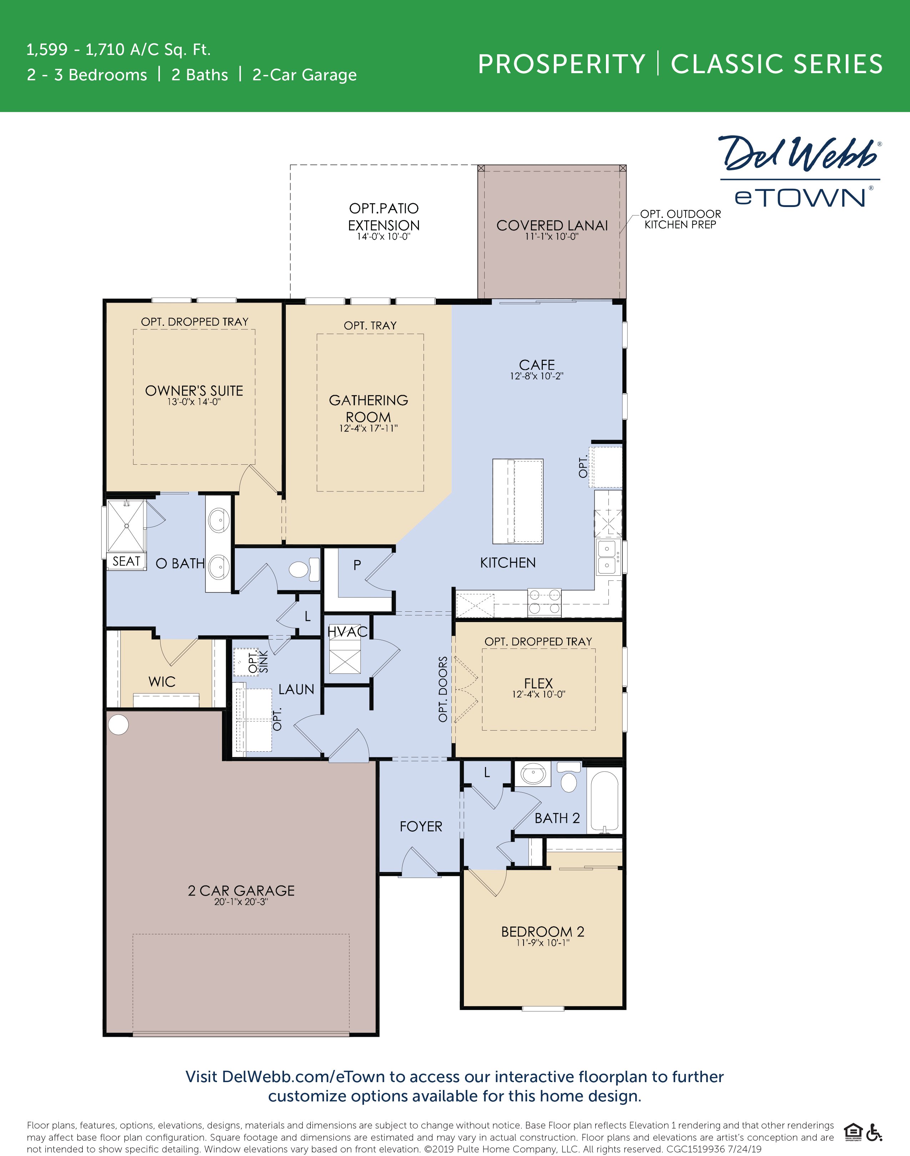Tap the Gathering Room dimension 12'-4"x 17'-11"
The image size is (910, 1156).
pyautogui.click(x=368, y=428)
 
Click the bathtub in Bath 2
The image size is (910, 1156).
pyautogui.click(x=604, y=802)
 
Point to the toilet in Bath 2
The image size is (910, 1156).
pyautogui.click(x=569, y=781)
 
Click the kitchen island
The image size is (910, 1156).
pyautogui.click(x=517, y=501)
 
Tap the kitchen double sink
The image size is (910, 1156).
pyautogui.click(x=607, y=557)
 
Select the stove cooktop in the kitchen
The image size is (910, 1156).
pyautogui.click(x=544, y=602)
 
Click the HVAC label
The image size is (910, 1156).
pyautogui.click(x=347, y=632)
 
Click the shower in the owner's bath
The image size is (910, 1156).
pyautogui.click(x=126, y=526)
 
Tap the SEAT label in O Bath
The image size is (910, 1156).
pyautogui.click(x=126, y=561)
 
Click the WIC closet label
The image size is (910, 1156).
pyautogui.click(x=162, y=682)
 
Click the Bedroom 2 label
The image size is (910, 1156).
pyautogui.click(x=542, y=932)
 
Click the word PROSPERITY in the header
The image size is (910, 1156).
pyautogui.click(x=561, y=65)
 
